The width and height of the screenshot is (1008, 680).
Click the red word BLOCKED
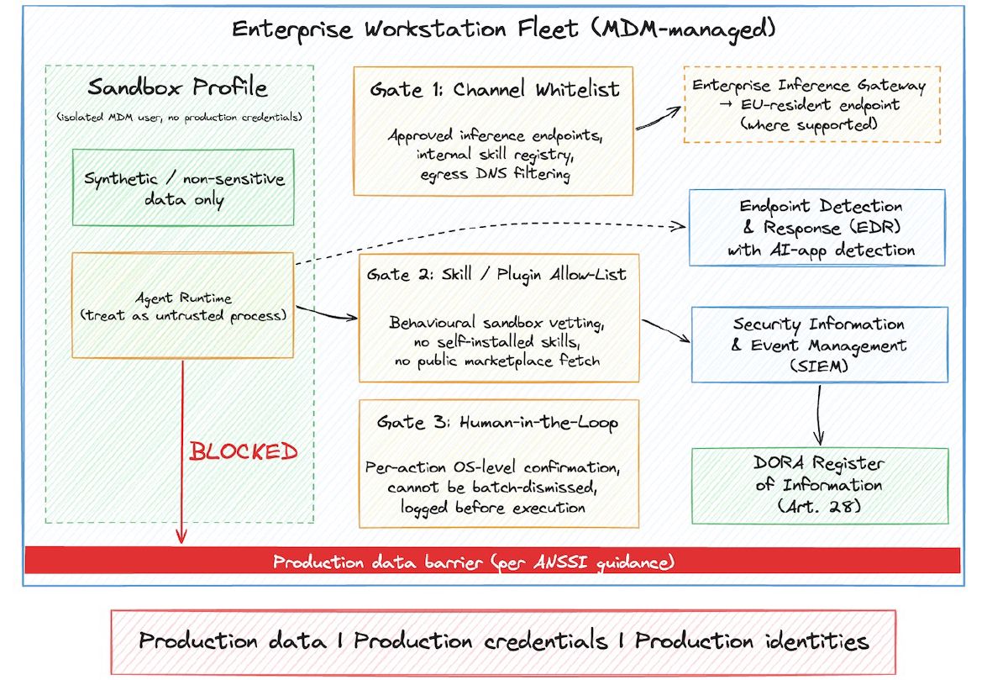tap(244, 452)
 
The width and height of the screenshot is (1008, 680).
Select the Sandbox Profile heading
tap(177, 88)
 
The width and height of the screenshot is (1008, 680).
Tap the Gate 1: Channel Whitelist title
tap(494, 89)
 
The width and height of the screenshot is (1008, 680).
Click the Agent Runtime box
tap(183, 304)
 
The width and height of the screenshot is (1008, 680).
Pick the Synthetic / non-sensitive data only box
tap(183, 187)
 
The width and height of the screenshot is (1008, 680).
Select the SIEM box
tap(819, 345)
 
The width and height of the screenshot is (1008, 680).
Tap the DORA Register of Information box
tap(819, 485)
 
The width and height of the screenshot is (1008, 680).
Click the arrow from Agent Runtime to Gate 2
tap(326, 314)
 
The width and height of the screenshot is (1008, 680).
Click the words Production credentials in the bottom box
tap(480, 641)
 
